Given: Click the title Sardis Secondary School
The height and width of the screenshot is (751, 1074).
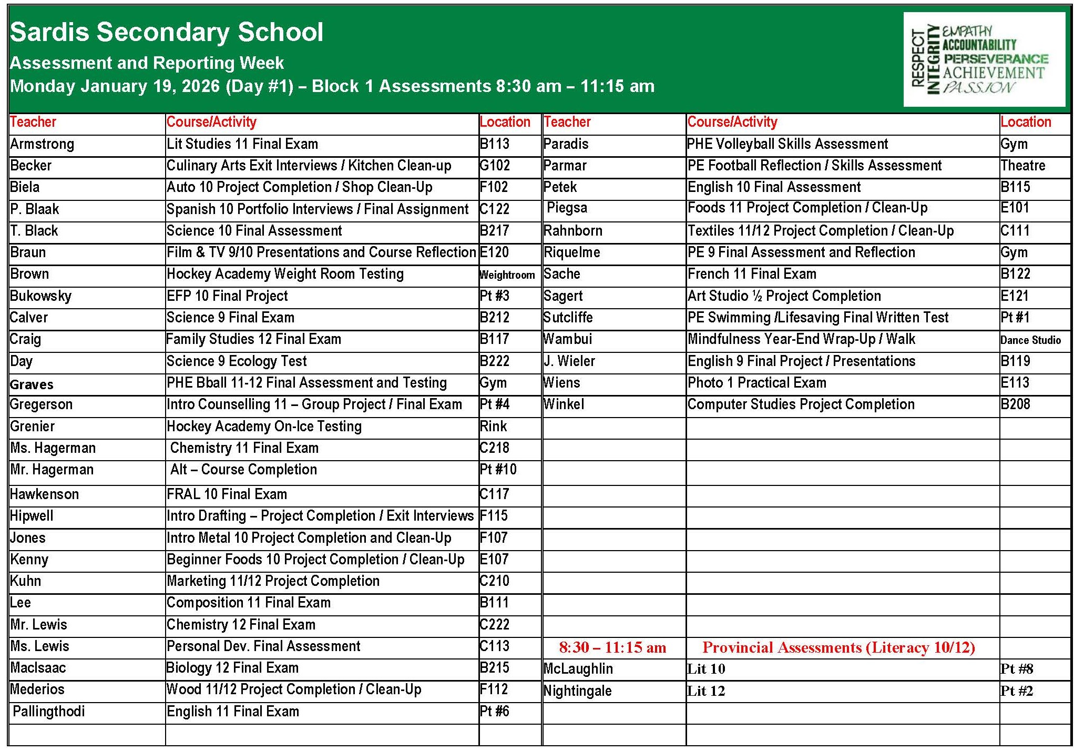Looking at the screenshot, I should pos(166,32).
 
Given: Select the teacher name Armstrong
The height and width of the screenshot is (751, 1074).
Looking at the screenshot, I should pos(42,144).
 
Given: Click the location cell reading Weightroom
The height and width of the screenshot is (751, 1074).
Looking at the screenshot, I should pos(507,275).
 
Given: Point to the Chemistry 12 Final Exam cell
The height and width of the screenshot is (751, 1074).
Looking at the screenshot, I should pos(241,625).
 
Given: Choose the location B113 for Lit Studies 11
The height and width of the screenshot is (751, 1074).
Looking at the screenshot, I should pos(495,144).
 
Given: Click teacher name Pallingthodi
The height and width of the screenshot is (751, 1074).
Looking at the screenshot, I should pos(48,712).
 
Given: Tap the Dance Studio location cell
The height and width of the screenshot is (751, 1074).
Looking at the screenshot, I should pos(1030,340).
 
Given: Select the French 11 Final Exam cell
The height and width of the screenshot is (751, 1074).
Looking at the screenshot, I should pos(752,274).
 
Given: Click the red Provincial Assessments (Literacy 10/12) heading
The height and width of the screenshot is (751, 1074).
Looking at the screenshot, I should pos(838,647).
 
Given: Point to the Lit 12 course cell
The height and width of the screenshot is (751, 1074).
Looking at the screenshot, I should pos(706,691).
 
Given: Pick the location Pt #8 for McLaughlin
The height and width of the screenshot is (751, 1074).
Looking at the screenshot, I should pos(1017,669).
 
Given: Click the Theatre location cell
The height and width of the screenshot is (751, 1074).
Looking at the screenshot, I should pos(1022,166).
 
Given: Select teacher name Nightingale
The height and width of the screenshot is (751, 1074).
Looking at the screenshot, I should pos(577,691).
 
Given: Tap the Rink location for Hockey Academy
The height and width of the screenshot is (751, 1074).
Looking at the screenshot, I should pos(493,427).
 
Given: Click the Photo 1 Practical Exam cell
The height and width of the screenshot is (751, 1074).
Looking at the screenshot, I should pos(756,383).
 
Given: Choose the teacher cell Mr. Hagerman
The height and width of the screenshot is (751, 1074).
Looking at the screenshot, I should pos(52,470).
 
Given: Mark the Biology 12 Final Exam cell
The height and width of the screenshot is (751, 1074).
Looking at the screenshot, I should pos(232,668).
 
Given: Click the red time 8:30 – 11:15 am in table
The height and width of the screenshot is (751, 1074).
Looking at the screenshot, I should pos(612,647).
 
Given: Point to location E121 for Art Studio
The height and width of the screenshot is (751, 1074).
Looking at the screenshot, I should pos(1015,296).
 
